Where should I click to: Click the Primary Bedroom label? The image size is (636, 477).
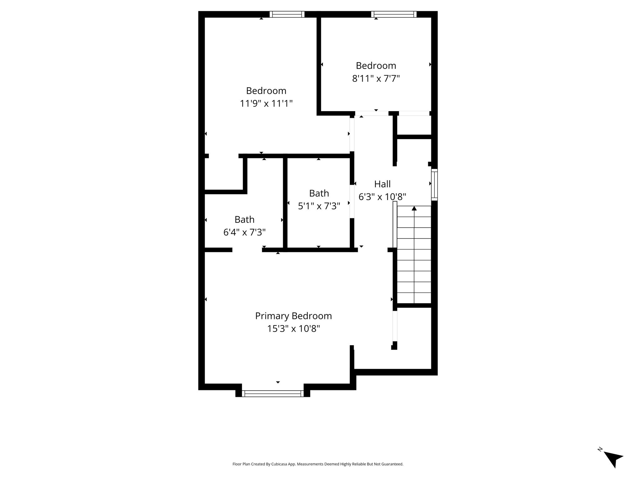click(x=293, y=316)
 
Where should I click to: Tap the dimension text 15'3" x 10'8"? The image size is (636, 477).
click(x=293, y=329)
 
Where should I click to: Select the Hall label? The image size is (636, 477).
click(x=382, y=184)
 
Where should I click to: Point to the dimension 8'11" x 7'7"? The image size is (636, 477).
click(x=376, y=78)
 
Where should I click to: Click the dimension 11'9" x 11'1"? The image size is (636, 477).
click(x=266, y=103)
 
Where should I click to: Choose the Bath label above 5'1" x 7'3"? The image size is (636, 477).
click(x=319, y=193)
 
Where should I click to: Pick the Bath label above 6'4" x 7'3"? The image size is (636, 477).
click(x=244, y=220)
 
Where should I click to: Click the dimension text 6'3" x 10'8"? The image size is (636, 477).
click(x=382, y=197)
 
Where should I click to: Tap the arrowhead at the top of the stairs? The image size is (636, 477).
click(x=414, y=208)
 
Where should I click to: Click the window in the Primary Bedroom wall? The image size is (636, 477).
click(x=273, y=393)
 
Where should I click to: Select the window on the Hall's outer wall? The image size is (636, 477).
click(x=434, y=184)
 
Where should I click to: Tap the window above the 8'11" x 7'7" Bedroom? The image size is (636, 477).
click(x=394, y=14)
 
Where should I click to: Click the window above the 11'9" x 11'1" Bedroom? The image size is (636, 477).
click(x=287, y=14)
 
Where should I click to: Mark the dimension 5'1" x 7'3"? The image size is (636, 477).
click(x=319, y=206)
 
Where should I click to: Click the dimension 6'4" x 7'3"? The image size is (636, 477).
click(x=244, y=232)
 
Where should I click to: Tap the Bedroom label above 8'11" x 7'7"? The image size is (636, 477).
click(x=376, y=66)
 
